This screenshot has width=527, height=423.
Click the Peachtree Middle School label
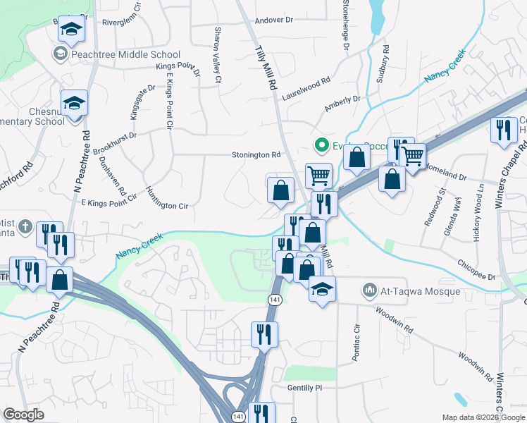[x=125, y=54]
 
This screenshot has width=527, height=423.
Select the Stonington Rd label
[x=256, y=155]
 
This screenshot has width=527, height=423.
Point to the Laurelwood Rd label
[x=306, y=83]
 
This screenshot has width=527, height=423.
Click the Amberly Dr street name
[x=342, y=103]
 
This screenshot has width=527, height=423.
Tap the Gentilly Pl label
[x=304, y=388]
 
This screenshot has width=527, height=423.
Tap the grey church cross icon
[x=25, y=227]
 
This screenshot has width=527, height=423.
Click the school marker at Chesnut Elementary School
[x=73, y=103]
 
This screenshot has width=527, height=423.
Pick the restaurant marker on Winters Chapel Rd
[x=503, y=130]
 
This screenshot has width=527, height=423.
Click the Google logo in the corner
[x=24, y=415]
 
